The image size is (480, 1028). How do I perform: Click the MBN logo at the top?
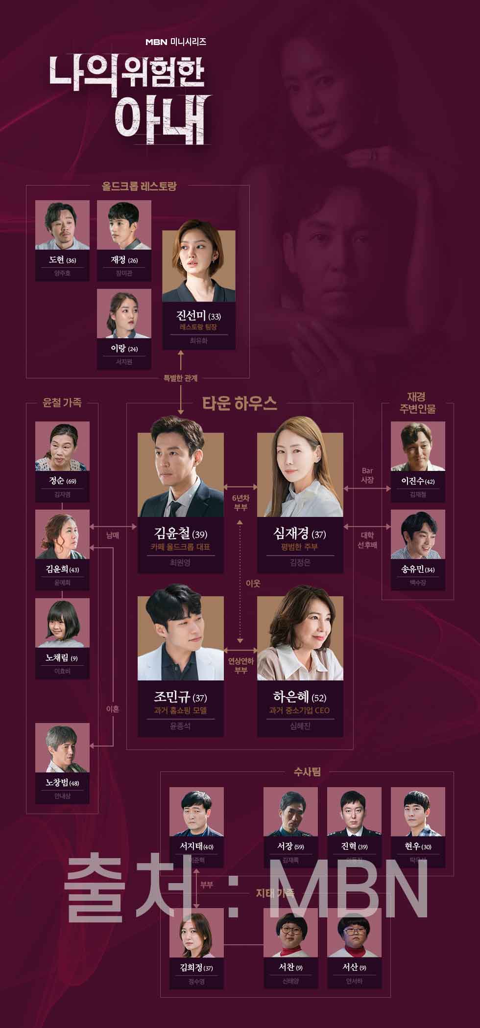[x=156, y=42]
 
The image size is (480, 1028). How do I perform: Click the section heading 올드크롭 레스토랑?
[x=139, y=186]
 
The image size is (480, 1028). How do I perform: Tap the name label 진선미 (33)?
[x=198, y=315]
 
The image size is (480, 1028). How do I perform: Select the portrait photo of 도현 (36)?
[x=63, y=226]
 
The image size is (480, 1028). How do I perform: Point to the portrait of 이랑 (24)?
[x=124, y=314]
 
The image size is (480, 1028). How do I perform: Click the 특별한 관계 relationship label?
[x=180, y=377]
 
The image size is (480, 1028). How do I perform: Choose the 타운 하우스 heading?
[x=240, y=403]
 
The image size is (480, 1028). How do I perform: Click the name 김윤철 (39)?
[x=180, y=534]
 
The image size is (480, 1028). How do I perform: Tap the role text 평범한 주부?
[x=299, y=547]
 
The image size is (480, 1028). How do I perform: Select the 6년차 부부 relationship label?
[x=240, y=502]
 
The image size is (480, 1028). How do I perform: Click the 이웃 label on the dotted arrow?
[x=253, y=584]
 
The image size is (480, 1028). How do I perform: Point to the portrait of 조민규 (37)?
[x=180, y=638]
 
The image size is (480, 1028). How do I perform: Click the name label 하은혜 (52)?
[x=299, y=697]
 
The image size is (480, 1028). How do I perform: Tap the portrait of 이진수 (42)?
[x=418, y=446]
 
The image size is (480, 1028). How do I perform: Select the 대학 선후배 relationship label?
[x=367, y=540]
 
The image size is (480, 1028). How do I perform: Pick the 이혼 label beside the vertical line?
[x=113, y=708]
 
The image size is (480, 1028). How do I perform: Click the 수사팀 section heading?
[x=307, y=772]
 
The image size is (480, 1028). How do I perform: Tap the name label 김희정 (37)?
[x=196, y=968]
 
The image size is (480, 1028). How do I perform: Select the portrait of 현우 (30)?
[x=418, y=812]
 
